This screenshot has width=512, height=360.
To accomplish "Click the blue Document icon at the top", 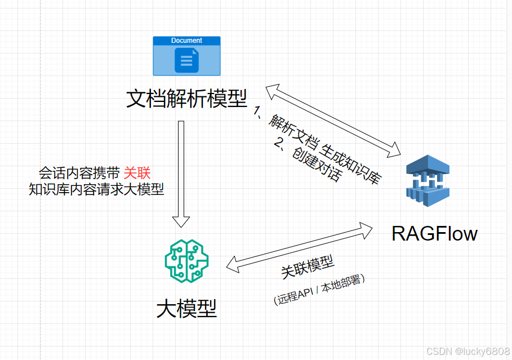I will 186,56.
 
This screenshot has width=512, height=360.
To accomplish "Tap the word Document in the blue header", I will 186,41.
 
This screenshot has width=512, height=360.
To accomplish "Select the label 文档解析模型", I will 186,99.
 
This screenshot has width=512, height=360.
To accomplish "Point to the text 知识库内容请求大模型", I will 96,189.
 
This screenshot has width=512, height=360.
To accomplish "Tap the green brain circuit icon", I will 186,261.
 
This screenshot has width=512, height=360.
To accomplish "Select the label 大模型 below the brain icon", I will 186,308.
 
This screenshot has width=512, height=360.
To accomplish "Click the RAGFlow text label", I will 434,233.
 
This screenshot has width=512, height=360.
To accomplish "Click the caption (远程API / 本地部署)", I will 319,290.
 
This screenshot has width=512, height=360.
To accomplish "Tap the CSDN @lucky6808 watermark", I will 468,351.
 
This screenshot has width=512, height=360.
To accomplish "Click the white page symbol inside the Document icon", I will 186,60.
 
